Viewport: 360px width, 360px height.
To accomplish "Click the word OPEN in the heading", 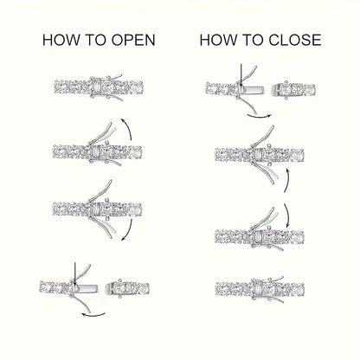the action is (133, 40).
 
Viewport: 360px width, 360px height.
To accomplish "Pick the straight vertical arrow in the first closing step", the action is (241, 75).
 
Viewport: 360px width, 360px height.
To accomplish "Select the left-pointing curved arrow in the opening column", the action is (93, 314).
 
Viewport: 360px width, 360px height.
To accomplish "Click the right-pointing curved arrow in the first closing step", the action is (259, 117).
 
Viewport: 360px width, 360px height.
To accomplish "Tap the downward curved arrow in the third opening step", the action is (129, 231).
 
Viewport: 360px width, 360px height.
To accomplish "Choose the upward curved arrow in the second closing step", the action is (286, 180).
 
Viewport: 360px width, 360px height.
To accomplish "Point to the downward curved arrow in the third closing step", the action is (287, 215).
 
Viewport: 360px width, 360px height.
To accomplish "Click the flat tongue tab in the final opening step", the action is (87, 288).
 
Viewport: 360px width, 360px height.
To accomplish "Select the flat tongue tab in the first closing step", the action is (254, 90).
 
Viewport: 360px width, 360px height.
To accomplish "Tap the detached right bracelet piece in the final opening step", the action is (127, 288).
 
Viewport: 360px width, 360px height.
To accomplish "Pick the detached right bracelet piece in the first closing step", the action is (293, 89).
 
